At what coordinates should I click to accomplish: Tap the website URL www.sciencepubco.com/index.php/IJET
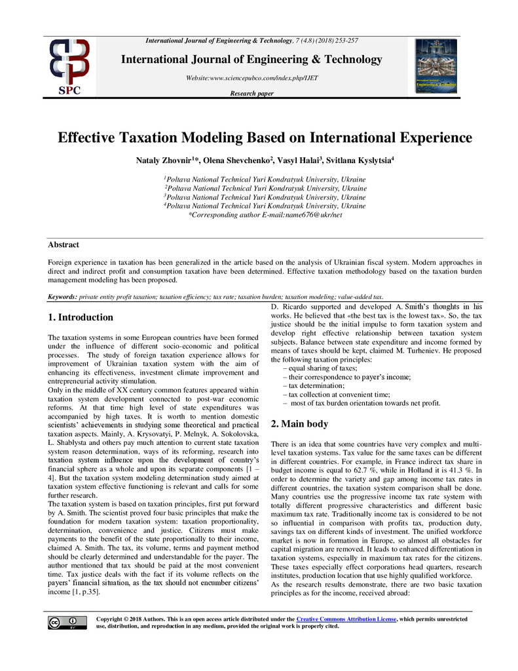[x=251, y=79]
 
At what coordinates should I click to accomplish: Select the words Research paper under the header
[x=251, y=94]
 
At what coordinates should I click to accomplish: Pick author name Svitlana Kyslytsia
[x=360, y=159]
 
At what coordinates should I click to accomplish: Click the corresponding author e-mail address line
[x=265, y=214]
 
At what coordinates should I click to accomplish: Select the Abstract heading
[x=64, y=244]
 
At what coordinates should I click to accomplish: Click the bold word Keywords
[x=63, y=297]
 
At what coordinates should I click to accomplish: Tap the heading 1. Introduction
[x=81, y=317]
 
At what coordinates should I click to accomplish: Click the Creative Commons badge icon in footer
[x=66, y=623]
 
